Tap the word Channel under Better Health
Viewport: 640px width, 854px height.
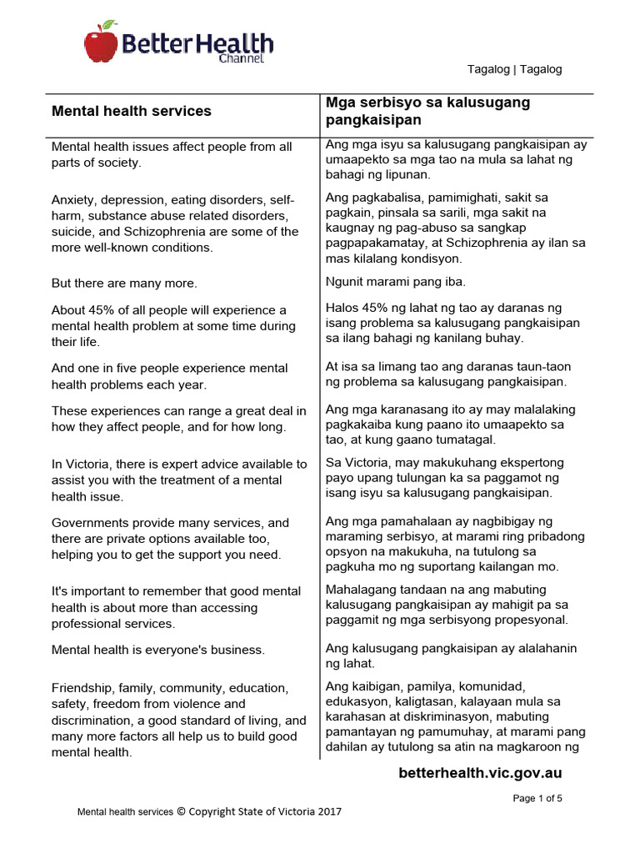pyautogui.click(x=242, y=59)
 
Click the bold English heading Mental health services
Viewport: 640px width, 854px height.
pyautogui.click(x=132, y=111)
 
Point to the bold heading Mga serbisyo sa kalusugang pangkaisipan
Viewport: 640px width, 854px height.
pyautogui.click(x=427, y=111)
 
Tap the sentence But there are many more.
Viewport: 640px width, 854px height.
pyautogui.click(x=124, y=284)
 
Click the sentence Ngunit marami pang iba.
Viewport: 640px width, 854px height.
pyautogui.click(x=395, y=281)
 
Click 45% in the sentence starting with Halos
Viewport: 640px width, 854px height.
pyautogui.click(x=370, y=309)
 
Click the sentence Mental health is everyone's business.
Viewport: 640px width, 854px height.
pyautogui.click(x=158, y=650)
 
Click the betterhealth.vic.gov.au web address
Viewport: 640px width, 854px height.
pyautogui.click(x=480, y=773)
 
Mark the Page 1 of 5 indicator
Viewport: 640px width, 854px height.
pyautogui.click(x=537, y=798)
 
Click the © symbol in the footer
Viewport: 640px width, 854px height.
pyautogui.click(x=181, y=811)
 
